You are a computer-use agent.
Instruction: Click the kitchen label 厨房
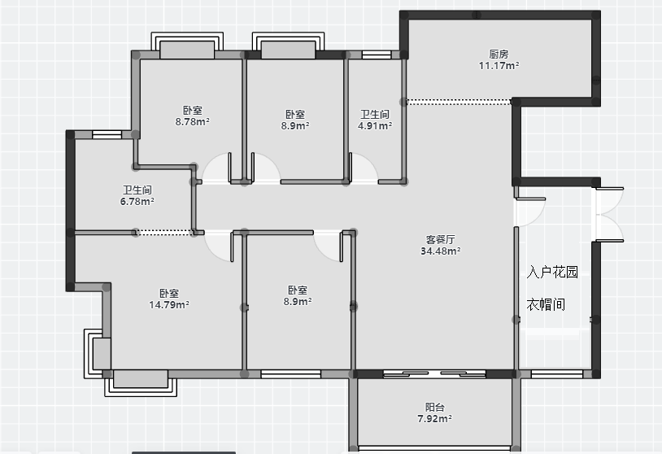499,54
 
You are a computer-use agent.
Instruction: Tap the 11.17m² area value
499,65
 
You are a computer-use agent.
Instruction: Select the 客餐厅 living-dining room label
440,239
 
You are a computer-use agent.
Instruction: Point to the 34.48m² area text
440,251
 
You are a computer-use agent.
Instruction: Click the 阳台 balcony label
434,407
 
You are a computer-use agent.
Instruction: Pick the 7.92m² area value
434,418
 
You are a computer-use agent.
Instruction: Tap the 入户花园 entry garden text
552,272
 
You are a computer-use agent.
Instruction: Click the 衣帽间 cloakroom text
546,304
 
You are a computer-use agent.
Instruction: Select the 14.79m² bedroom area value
169,304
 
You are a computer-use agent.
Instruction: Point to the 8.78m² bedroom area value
193,121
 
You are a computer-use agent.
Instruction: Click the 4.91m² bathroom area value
375,125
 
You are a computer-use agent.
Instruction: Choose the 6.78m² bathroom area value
137,202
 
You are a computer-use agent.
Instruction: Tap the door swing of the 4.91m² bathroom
364,168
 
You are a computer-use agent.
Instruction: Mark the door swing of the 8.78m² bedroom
216,168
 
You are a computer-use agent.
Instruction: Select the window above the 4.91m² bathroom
377,55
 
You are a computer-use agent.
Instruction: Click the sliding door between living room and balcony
434,373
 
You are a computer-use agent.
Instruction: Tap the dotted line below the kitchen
458,102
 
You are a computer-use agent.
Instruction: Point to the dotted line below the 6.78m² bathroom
164,232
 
